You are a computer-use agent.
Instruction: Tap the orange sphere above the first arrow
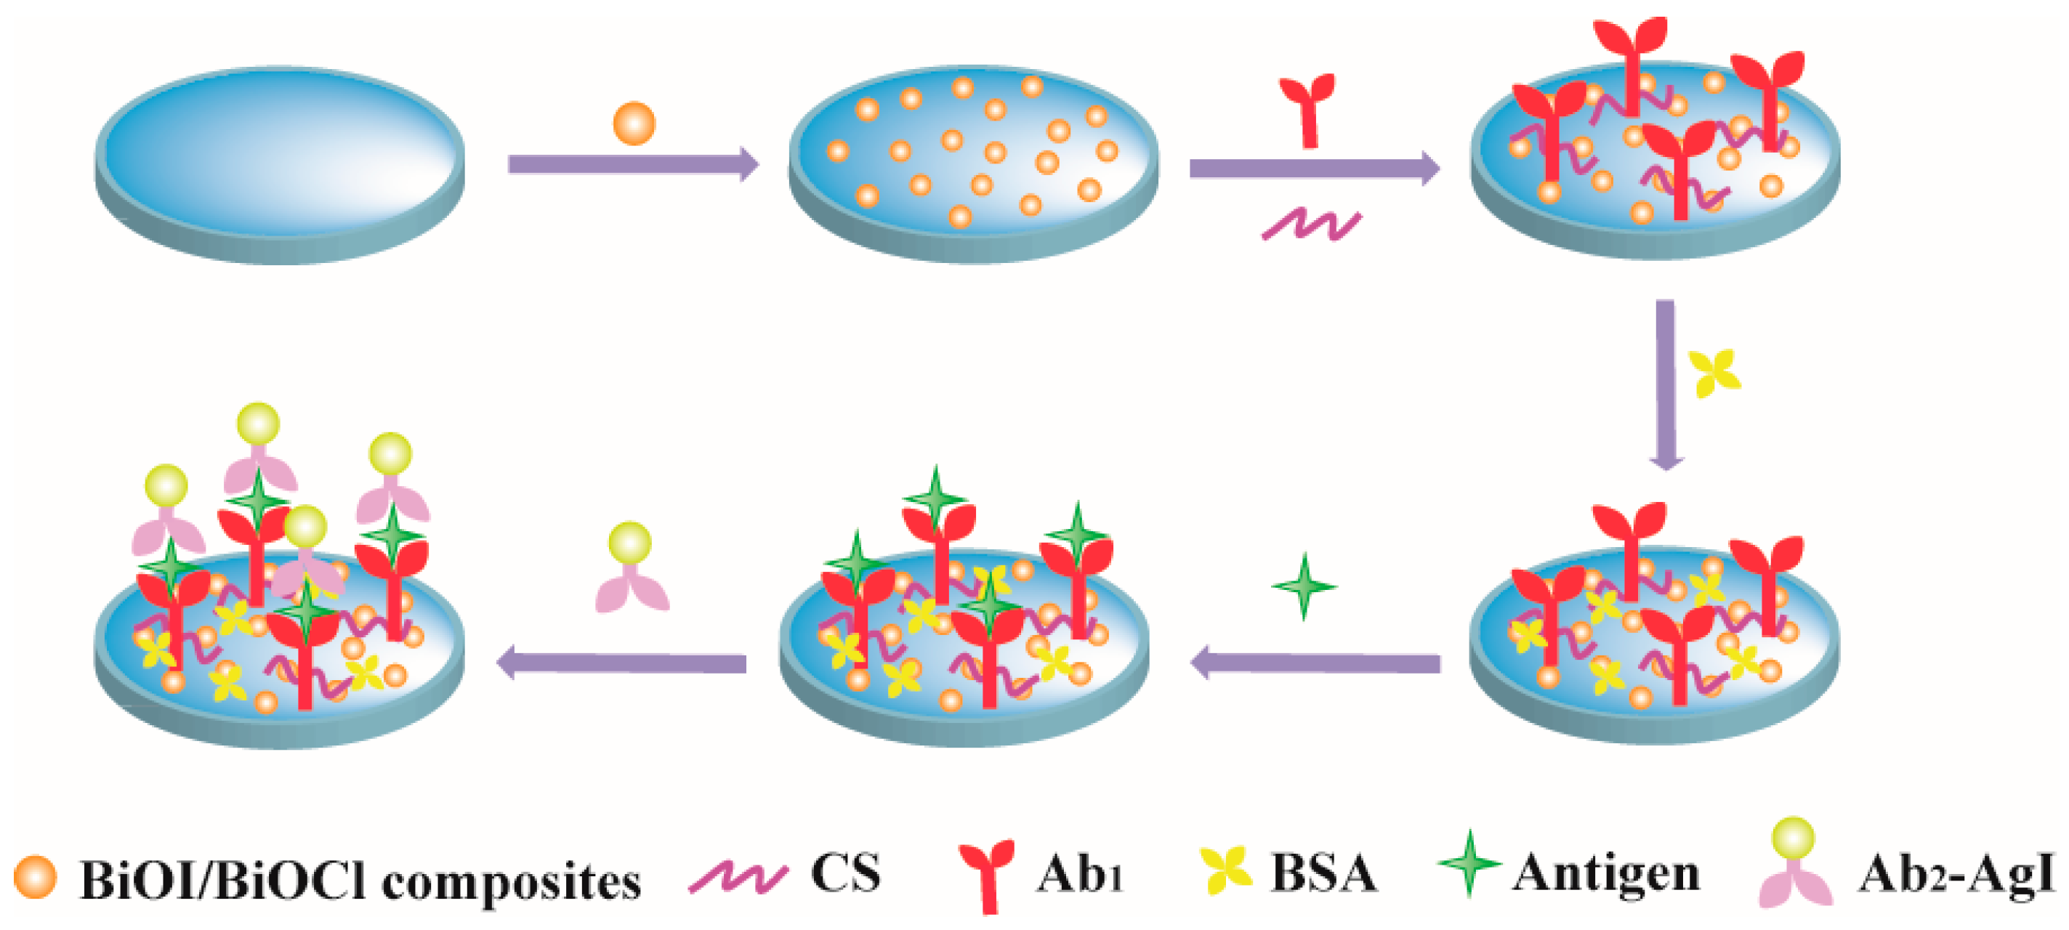(x=634, y=124)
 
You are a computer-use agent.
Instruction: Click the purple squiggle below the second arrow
(x=1312, y=224)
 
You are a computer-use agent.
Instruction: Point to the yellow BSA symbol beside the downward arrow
(x=1714, y=373)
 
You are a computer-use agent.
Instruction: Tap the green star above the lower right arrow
(x=1304, y=586)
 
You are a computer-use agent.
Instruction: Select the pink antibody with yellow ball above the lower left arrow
(x=632, y=569)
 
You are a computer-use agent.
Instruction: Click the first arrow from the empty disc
(x=633, y=163)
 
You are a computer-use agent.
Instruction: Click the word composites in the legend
(x=511, y=882)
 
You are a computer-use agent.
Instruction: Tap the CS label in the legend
(x=845, y=873)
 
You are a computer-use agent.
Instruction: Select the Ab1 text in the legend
(x=1078, y=873)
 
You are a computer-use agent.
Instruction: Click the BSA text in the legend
(x=1323, y=873)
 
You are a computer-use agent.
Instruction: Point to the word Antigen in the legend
(x=1605, y=876)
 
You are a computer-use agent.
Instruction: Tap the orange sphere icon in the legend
(x=36, y=877)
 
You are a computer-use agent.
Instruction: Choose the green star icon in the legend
(x=1469, y=863)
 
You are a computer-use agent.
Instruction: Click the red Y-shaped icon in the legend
(x=986, y=876)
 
